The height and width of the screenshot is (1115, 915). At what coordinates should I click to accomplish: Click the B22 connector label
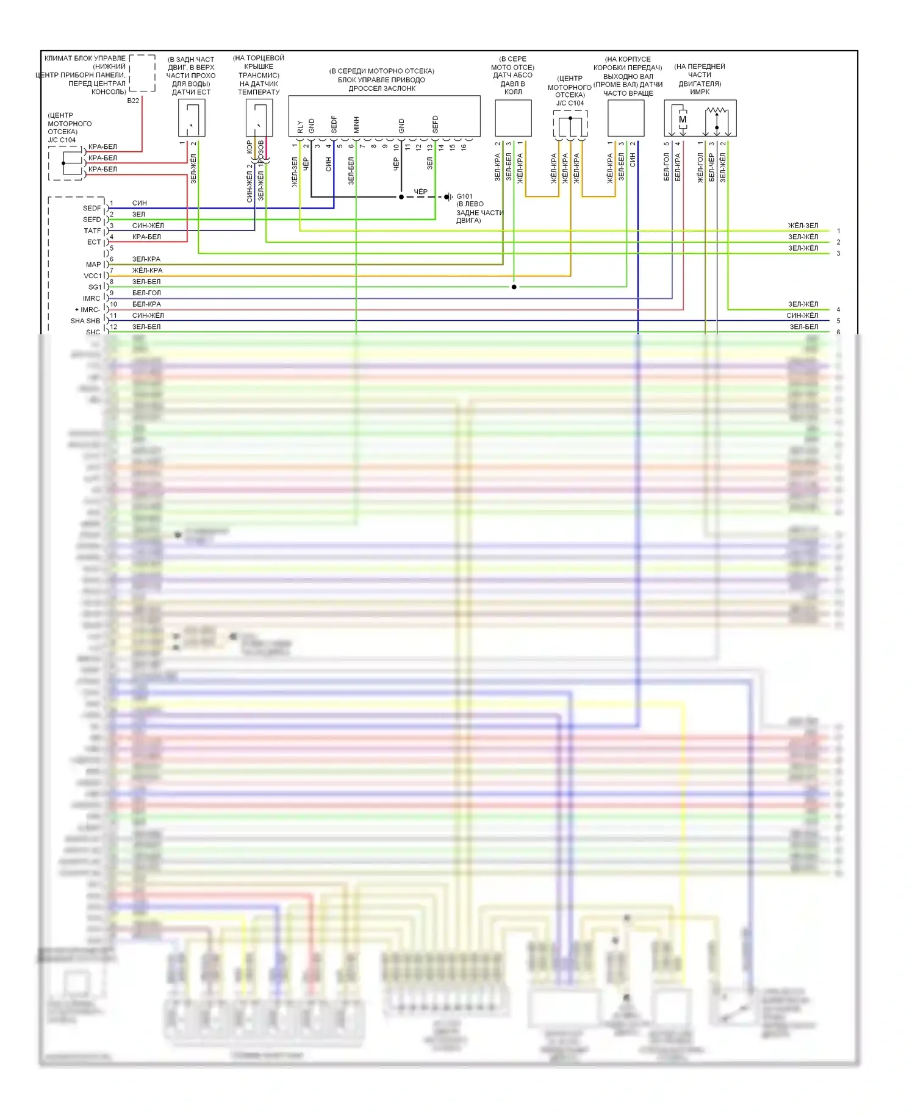(x=133, y=101)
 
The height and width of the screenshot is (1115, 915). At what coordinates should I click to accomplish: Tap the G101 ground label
(x=464, y=196)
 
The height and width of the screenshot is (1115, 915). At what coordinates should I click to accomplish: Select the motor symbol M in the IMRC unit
(x=683, y=120)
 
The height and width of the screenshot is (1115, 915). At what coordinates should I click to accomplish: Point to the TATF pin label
(x=92, y=231)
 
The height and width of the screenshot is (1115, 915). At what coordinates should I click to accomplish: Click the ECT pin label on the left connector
(x=93, y=242)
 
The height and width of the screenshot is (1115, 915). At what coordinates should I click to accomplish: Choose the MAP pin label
(x=93, y=265)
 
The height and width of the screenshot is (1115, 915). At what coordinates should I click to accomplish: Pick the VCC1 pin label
(x=92, y=276)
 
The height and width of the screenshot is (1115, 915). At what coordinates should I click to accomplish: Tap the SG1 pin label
(x=95, y=287)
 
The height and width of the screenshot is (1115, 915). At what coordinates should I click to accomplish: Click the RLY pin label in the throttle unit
(x=300, y=126)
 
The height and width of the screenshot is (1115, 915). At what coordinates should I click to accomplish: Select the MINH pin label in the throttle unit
(x=356, y=125)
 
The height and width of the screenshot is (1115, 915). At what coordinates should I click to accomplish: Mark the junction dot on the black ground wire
(x=401, y=197)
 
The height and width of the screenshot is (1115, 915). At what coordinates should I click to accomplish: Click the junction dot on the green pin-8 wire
(x=514, y=287)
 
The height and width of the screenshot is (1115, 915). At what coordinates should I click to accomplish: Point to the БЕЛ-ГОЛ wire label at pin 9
(x=146, y=293)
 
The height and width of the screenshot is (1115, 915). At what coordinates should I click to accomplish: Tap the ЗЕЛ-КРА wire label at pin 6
(x=146, y=259)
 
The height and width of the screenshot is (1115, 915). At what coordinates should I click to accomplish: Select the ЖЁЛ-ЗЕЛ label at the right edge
(x=803, y=226)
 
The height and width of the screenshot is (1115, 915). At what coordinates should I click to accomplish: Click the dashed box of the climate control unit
(x=142, y=73)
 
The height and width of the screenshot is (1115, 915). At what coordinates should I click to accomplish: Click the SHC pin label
(x=93, y=332)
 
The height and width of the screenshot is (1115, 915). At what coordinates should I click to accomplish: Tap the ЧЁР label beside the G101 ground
(x=421, y=192)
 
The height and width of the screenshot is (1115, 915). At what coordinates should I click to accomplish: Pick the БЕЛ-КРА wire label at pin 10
(x=146, y=304)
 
